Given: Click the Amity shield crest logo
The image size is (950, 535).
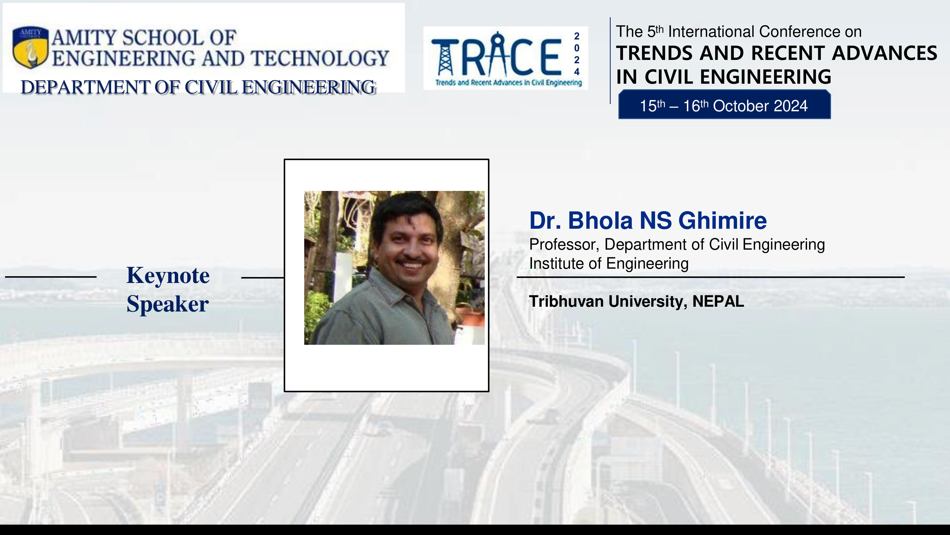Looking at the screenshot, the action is pos(30,47).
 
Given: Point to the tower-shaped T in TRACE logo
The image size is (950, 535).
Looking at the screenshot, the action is pos(445,57).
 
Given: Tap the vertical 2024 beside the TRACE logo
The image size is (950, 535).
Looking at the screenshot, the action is pos(577,54).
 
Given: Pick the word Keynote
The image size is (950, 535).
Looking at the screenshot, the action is pos(168,275).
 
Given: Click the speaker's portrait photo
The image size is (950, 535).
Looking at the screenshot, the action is pos(394,268).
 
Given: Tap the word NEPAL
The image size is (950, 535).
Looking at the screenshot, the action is pos(718,301).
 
